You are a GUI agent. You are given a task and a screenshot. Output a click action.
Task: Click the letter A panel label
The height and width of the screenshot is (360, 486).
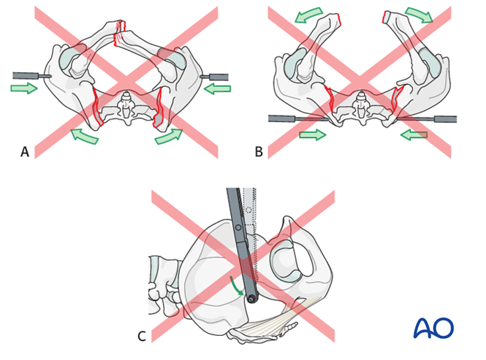pos(25,152)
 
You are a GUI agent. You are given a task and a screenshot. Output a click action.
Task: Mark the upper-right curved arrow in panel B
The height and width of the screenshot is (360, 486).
pos(419,15)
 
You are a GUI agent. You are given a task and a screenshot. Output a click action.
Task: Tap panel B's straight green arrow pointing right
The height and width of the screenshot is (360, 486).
pos(312,135)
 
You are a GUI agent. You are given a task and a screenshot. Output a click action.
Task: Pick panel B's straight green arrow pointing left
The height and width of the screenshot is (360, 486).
pos(413,135)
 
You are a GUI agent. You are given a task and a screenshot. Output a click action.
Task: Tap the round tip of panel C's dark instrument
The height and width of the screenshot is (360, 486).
pos(251,298)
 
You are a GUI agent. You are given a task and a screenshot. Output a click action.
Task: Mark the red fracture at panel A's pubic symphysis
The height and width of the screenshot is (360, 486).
pos(121,32)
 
